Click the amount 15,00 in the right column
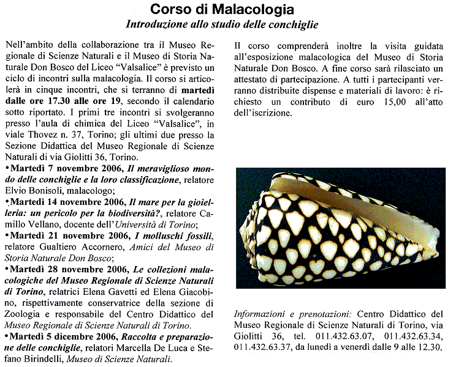(x=380, y=102)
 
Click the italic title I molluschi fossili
(x=169, y=235)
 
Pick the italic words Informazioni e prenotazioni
(x=284, y=313)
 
